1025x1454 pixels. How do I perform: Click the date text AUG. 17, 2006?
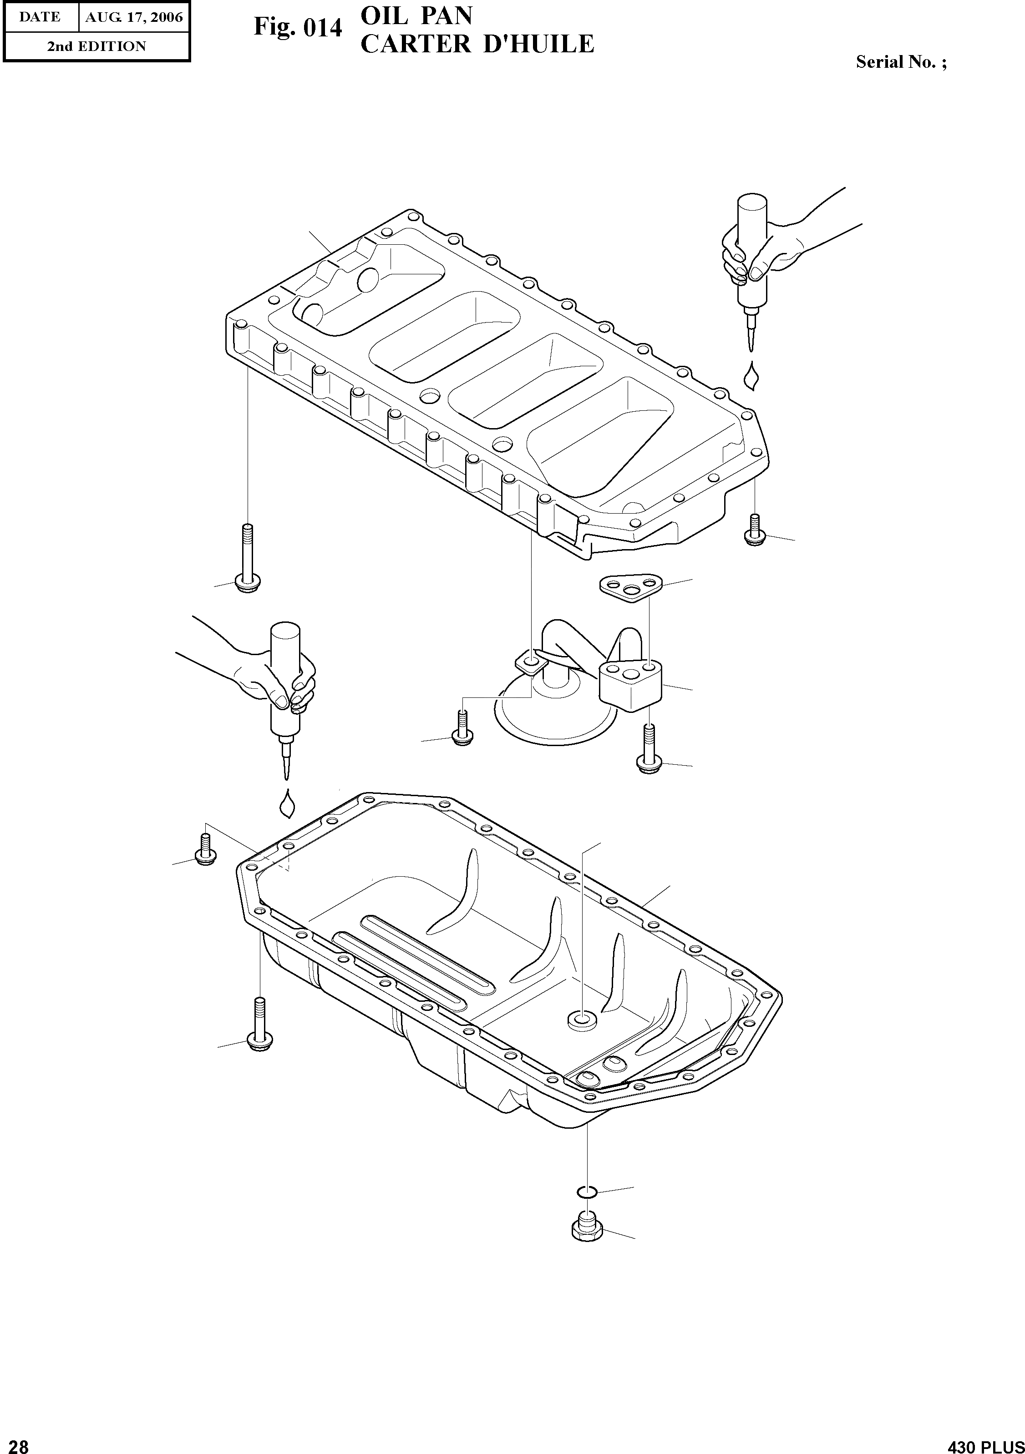[134, 17]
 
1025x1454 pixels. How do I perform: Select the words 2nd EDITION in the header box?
[96, 46]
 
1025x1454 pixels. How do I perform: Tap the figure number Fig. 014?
[298, 28]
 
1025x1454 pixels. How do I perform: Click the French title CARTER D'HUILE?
[477, 44]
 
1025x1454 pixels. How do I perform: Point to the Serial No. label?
[901, 62]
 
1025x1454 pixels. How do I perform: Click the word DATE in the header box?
[39, 17]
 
